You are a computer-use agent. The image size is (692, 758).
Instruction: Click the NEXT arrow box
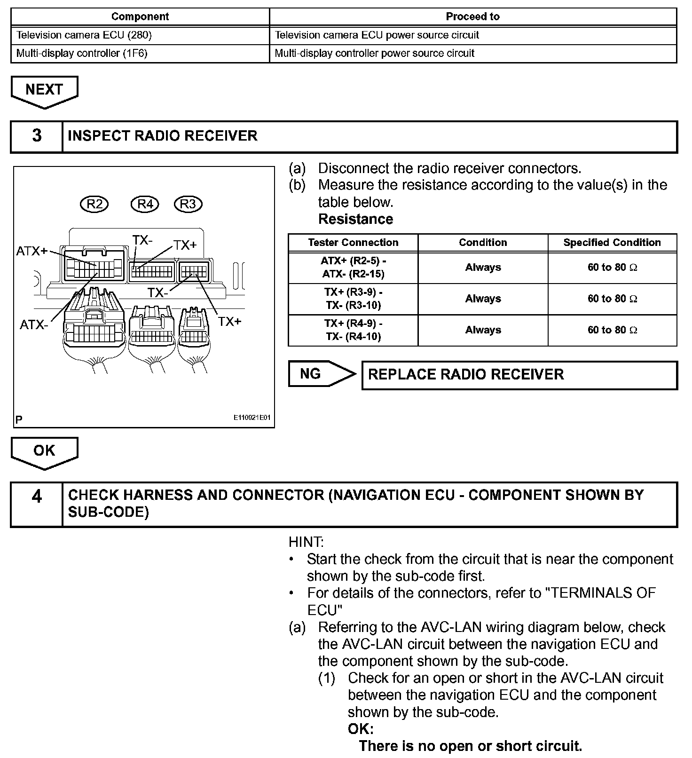click(44, 90)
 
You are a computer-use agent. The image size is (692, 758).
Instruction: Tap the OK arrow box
click(44, 451)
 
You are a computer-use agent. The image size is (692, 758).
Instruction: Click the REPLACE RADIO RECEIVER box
click(519, 375)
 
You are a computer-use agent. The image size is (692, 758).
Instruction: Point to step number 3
click(37, 136)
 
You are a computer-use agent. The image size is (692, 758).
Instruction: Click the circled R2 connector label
click(94, 204)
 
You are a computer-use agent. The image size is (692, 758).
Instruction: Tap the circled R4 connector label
click(145, 204)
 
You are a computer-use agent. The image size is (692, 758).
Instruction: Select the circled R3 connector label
click(188, 204)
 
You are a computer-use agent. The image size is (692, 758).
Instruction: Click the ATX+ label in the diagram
click(31, 251)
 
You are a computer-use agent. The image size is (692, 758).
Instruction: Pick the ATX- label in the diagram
click(33, 324)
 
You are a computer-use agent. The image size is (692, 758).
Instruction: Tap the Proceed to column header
click(472, 16)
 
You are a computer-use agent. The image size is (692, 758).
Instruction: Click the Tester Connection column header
click(353, 243)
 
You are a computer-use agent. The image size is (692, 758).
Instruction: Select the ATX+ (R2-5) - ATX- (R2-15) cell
click(353, 267)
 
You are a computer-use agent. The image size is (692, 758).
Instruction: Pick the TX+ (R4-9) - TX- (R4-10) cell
click(353, 330)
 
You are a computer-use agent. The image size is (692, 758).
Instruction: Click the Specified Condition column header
click(612, 243)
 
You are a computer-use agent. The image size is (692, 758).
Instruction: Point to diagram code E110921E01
click(252, 418)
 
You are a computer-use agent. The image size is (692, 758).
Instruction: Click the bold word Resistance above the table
click(355, 219)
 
